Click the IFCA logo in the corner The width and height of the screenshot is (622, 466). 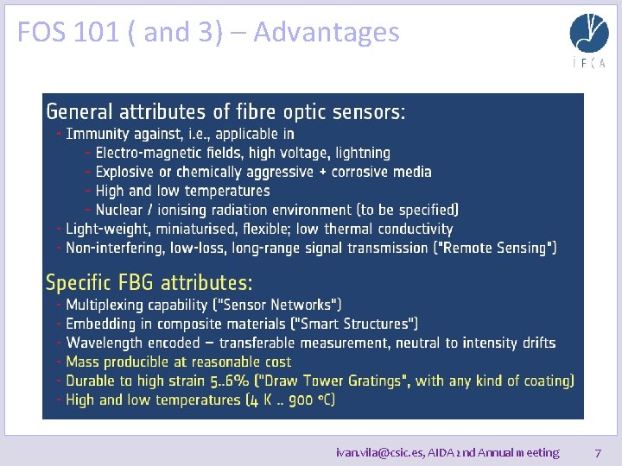coord(588,40)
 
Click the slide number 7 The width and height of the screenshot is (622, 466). coord(598,452)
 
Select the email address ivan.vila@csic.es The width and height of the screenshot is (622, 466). coord(378,452)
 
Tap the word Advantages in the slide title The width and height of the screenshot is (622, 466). coord(327,33)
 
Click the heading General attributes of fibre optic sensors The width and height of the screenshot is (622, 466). coord(225,111)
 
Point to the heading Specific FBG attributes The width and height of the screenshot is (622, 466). coord(149,282)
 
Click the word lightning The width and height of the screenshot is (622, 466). coord(363,153)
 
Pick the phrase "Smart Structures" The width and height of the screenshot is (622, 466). coord(355,324)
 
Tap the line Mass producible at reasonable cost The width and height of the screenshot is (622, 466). coord(179,362)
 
